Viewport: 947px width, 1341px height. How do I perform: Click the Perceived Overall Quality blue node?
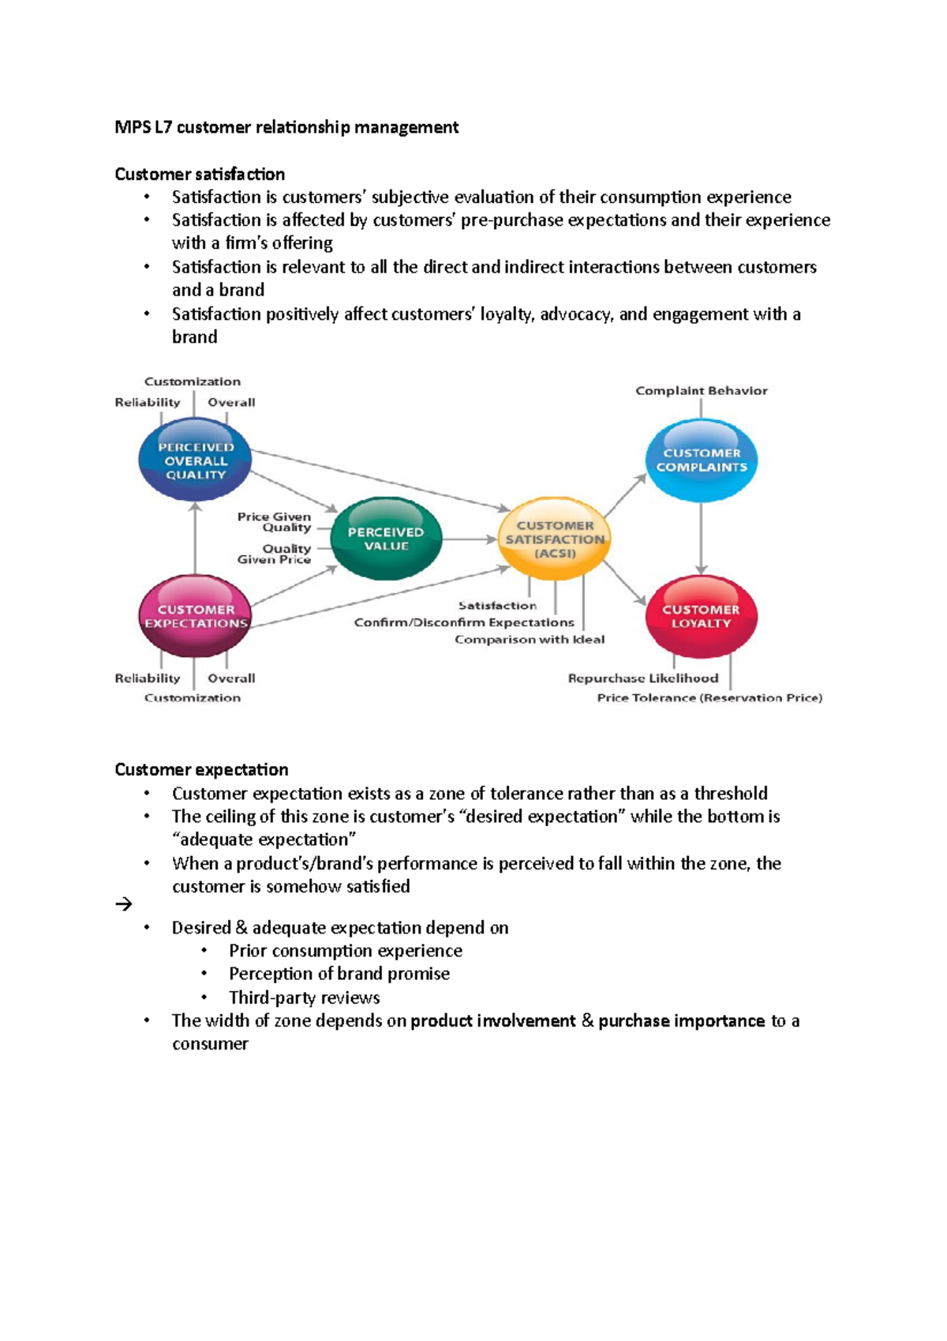195,460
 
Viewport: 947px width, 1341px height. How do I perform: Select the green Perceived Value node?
386,539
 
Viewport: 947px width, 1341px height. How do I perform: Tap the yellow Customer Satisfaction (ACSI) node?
555,539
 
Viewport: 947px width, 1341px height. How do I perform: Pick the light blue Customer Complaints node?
701,460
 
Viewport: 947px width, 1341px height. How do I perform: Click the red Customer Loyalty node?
701,616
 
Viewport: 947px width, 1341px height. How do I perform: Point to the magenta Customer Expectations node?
195,616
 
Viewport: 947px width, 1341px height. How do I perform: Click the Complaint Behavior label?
701,391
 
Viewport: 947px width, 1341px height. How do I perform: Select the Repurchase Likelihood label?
643,678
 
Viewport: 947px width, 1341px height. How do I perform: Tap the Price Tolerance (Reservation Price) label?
709,698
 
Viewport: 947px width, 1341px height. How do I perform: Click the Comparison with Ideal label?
530,640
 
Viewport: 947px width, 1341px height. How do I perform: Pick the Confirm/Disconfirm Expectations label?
464,622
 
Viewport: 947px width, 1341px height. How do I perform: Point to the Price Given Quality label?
274,522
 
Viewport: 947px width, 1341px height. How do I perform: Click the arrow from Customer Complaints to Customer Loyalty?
701,537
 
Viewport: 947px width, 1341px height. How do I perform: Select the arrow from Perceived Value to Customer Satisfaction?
470,539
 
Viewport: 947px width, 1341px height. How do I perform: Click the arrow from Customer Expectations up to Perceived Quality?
195,541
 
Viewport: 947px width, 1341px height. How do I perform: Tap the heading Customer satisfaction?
200,174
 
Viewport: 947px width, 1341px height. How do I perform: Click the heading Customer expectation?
201,769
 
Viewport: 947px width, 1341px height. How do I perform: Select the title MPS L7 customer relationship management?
286,127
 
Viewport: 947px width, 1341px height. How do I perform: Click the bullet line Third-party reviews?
304,997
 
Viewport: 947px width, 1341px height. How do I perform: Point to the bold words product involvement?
493,1020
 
